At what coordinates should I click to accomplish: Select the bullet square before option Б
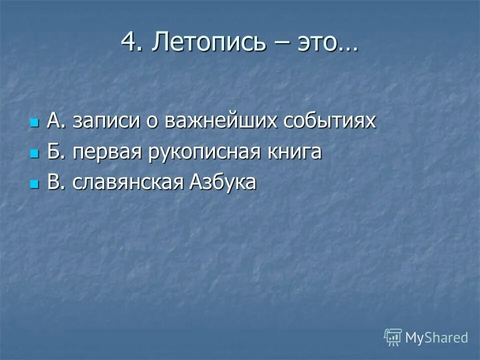click(34, 153)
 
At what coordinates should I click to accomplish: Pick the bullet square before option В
click(34, 184)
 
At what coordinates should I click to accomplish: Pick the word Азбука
click(222, 183)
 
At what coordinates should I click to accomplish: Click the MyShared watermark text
click(436, 337)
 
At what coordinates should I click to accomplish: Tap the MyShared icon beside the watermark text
click(393, 337)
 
